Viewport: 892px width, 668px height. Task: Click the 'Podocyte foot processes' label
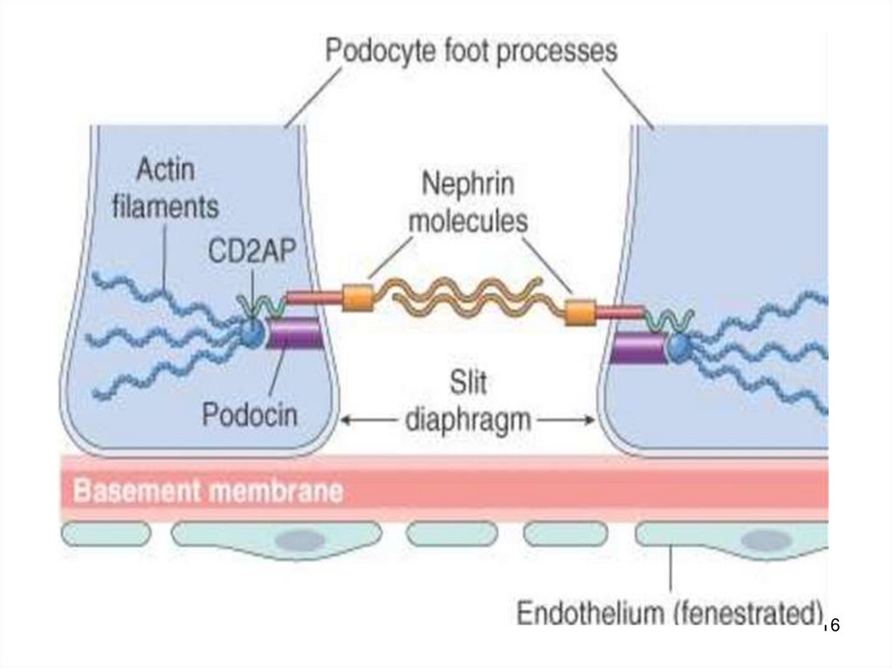click(x=470, y=51)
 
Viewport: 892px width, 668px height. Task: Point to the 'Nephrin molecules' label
click(x=468, y=202)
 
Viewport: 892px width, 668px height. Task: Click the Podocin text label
click(x=249, y=413)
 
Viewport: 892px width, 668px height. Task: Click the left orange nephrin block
click(x=357, y=298)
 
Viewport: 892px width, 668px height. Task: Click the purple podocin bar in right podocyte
click(x=638, y=348)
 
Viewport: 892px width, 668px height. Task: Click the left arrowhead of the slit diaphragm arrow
click(x=344, y=421)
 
